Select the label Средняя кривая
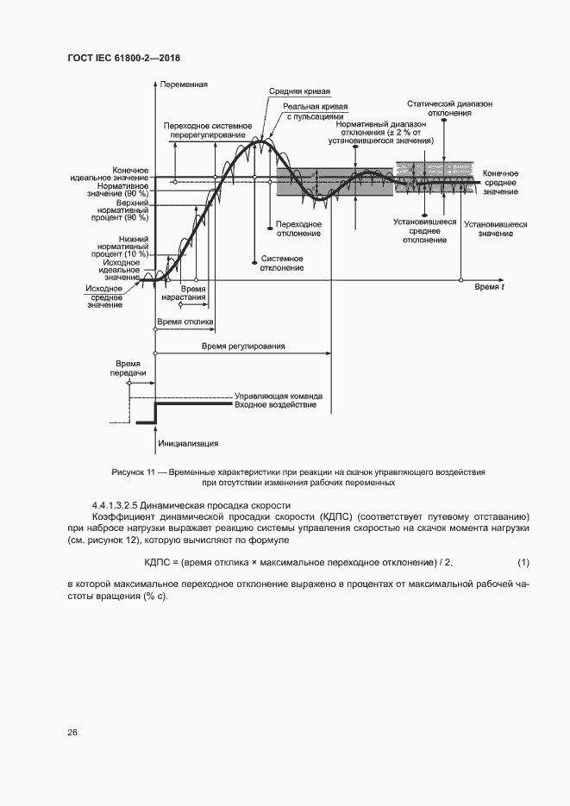[299, 91]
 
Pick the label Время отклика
[184, 322]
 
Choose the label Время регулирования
[243, 346]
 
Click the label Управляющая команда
[277, 395]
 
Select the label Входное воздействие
[275, 404]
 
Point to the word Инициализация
[188, 443]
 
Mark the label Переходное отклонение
[298, 228]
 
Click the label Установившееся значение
[495, 228]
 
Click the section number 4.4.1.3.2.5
[116, 504]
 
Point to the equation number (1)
[523, 563]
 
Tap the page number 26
[72, 732]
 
